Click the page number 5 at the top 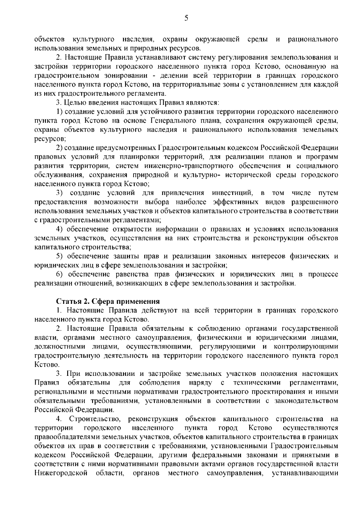pos(186,19)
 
